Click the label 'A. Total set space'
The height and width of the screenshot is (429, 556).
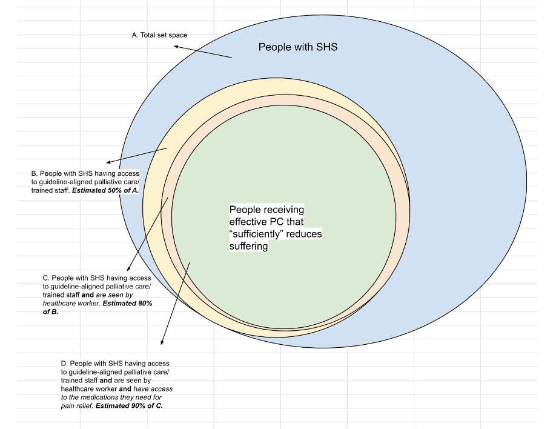(159, 35)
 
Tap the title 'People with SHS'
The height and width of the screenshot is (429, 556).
(297, 47)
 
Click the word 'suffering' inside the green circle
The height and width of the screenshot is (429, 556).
(248, 247)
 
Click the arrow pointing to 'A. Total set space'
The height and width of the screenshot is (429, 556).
(203, 52)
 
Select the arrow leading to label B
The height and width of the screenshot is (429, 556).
(137, 155)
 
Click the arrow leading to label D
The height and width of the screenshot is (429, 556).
(175, 303)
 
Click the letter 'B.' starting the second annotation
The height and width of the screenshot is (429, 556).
(35, 173)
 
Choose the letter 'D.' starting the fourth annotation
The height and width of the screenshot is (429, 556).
(65, 363)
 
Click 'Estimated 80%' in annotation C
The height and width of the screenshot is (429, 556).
(127, 303)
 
